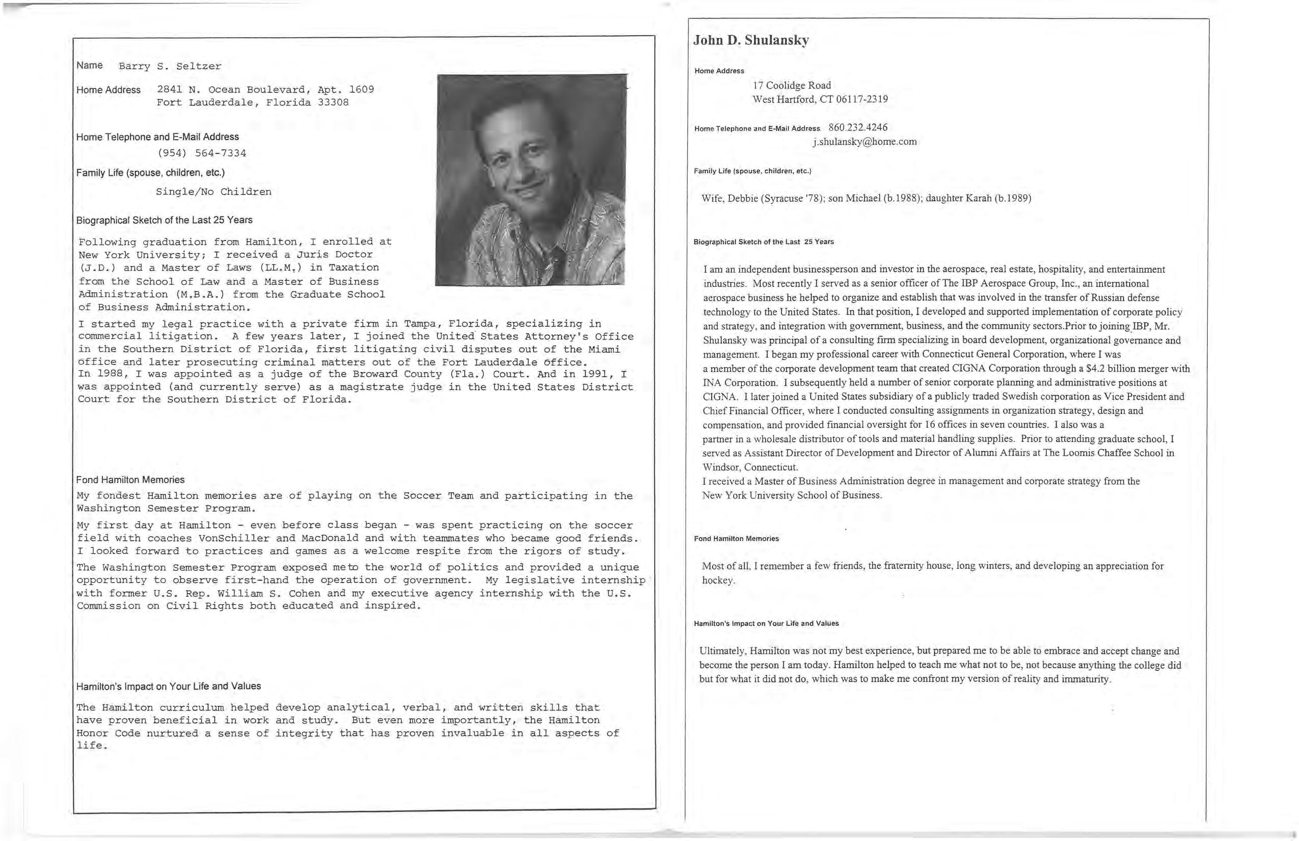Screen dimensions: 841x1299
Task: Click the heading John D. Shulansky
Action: point(751,40)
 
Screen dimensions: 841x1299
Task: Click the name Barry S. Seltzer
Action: point(170,67)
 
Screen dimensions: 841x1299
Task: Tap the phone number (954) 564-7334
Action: point(201,153)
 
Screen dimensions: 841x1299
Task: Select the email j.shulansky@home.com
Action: point(864,142)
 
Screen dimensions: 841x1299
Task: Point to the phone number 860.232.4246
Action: point(858,128)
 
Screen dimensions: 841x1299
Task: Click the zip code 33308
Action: point(333,102)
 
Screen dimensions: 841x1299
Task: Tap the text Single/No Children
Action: point(213,192)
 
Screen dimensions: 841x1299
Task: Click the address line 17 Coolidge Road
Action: point(792,86)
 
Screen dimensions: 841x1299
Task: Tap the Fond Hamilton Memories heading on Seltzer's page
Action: point(130,480)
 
